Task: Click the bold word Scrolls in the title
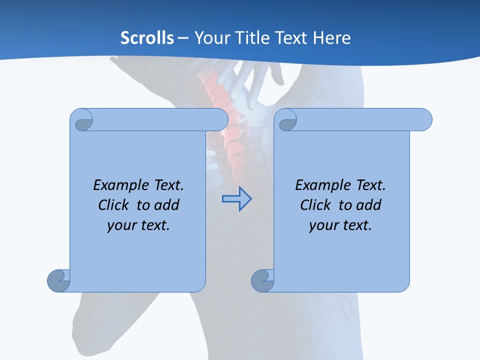pos(147,38)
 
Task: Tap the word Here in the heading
pos(331,38)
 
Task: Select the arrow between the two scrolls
pos(236,199)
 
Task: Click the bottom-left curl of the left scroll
pos(59,280)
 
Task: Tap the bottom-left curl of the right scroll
pos(263,280)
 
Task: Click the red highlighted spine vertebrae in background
pos(220,90)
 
